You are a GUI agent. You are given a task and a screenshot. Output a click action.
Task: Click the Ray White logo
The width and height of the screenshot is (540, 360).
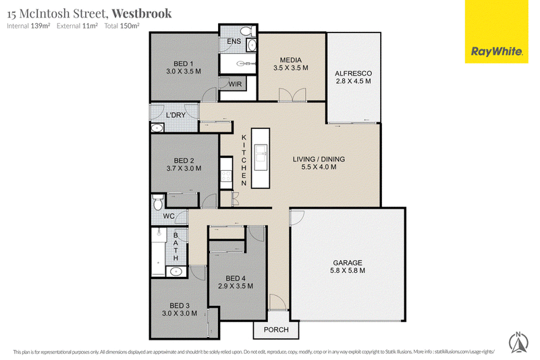pyautogui.click(x=496, y=31)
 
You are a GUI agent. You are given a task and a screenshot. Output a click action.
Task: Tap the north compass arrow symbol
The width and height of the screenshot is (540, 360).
pyautogui.click(x=518, y=342)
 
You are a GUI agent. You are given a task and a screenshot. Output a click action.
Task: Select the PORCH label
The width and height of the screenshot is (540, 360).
pyautogui.click(x=276, y=330)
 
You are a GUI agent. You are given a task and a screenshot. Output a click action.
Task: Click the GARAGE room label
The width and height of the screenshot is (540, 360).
pyautogui.click(x=348, y=263)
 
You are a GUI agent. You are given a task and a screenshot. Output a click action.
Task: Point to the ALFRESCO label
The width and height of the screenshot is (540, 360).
pyautogui.click(x=353, y=74)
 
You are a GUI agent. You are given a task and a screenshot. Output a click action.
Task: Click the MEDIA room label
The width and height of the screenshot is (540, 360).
pyautogui.click(x=291, y=60)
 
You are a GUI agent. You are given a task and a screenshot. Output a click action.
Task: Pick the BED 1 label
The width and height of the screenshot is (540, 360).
pyautogui.click(x=183, y=63)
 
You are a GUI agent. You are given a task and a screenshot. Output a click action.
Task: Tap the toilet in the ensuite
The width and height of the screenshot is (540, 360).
pyautogui.click(x=246, y=31)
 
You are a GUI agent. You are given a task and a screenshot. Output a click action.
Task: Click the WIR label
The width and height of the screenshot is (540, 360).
pyautogui.click(x=235, y=84)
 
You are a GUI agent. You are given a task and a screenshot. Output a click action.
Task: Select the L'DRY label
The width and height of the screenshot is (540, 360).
pyautogui.click(x=175, y=115)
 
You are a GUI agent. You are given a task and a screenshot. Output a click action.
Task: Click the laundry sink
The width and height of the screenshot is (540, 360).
pyautogui.click(x=157, y=128)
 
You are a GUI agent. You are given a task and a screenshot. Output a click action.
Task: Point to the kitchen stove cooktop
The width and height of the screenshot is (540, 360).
pyautogui.click(x=226, y=176)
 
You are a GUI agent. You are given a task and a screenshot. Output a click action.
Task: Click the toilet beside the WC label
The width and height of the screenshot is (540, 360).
pyautogui.click(x=158, y=202)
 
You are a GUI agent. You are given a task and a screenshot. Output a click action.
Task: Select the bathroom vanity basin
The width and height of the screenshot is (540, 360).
pyautogui.click(x=176, y=272)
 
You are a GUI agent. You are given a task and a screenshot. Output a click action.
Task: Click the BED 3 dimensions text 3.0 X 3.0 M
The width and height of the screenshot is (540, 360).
pyautogui.click(x=180, y=313)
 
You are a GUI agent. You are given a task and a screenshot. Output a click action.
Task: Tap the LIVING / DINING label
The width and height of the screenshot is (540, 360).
pyautogui.click(x=319, y=159)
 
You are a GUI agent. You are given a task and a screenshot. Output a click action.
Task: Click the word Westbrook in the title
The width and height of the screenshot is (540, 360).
pyautogui.click(x=142, y=13)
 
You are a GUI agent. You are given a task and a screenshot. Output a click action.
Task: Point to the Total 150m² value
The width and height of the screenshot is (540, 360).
pyautogui.click(x=122, y=26)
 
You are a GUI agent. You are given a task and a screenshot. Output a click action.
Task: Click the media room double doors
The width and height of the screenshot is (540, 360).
pyautogui.click(x=292, y=95)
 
